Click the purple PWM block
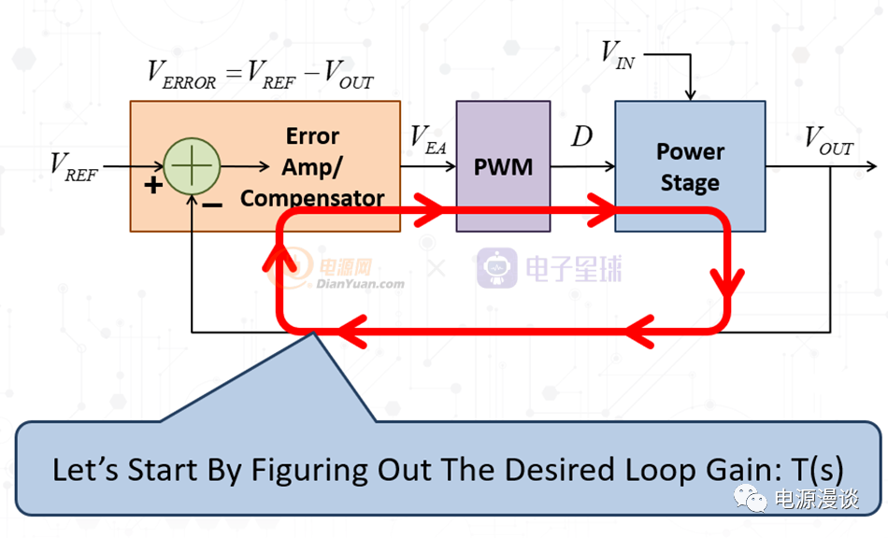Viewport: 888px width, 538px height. pyautogui.click(x=503, y=166)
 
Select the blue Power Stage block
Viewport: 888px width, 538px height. pyautogui.click(x=690, y=166)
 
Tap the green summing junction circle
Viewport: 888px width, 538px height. pyautogui.click(x=192, y=166)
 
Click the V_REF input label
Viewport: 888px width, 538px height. pyautogui.click(x=74, y=167)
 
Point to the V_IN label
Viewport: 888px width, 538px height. pyautogui.click(x=618, y=55)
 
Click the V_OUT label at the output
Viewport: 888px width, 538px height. pyautogui.click(x=828, y=141)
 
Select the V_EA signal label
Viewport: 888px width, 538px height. pyautogui.click(x=428, y=140)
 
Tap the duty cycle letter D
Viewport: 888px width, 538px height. pyautogui.click(x=581, y=136)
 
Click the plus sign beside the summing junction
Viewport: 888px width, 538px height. pyautogui.click(x=153, y=185)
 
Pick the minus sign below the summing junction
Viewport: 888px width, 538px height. pyautogui.click(x=212, y=205)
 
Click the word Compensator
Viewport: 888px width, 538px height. pyautogui.click(x=312, y=199)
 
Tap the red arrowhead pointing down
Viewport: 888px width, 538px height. pyautogui.click(x=727, y=282)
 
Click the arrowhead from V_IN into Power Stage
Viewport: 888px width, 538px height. pyautogui.click(x=690, y=94)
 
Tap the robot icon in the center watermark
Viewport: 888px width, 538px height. pyautogui.click(x=496, y=267)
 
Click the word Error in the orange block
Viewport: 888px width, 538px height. pyautogui.click(x=312, y=136)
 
